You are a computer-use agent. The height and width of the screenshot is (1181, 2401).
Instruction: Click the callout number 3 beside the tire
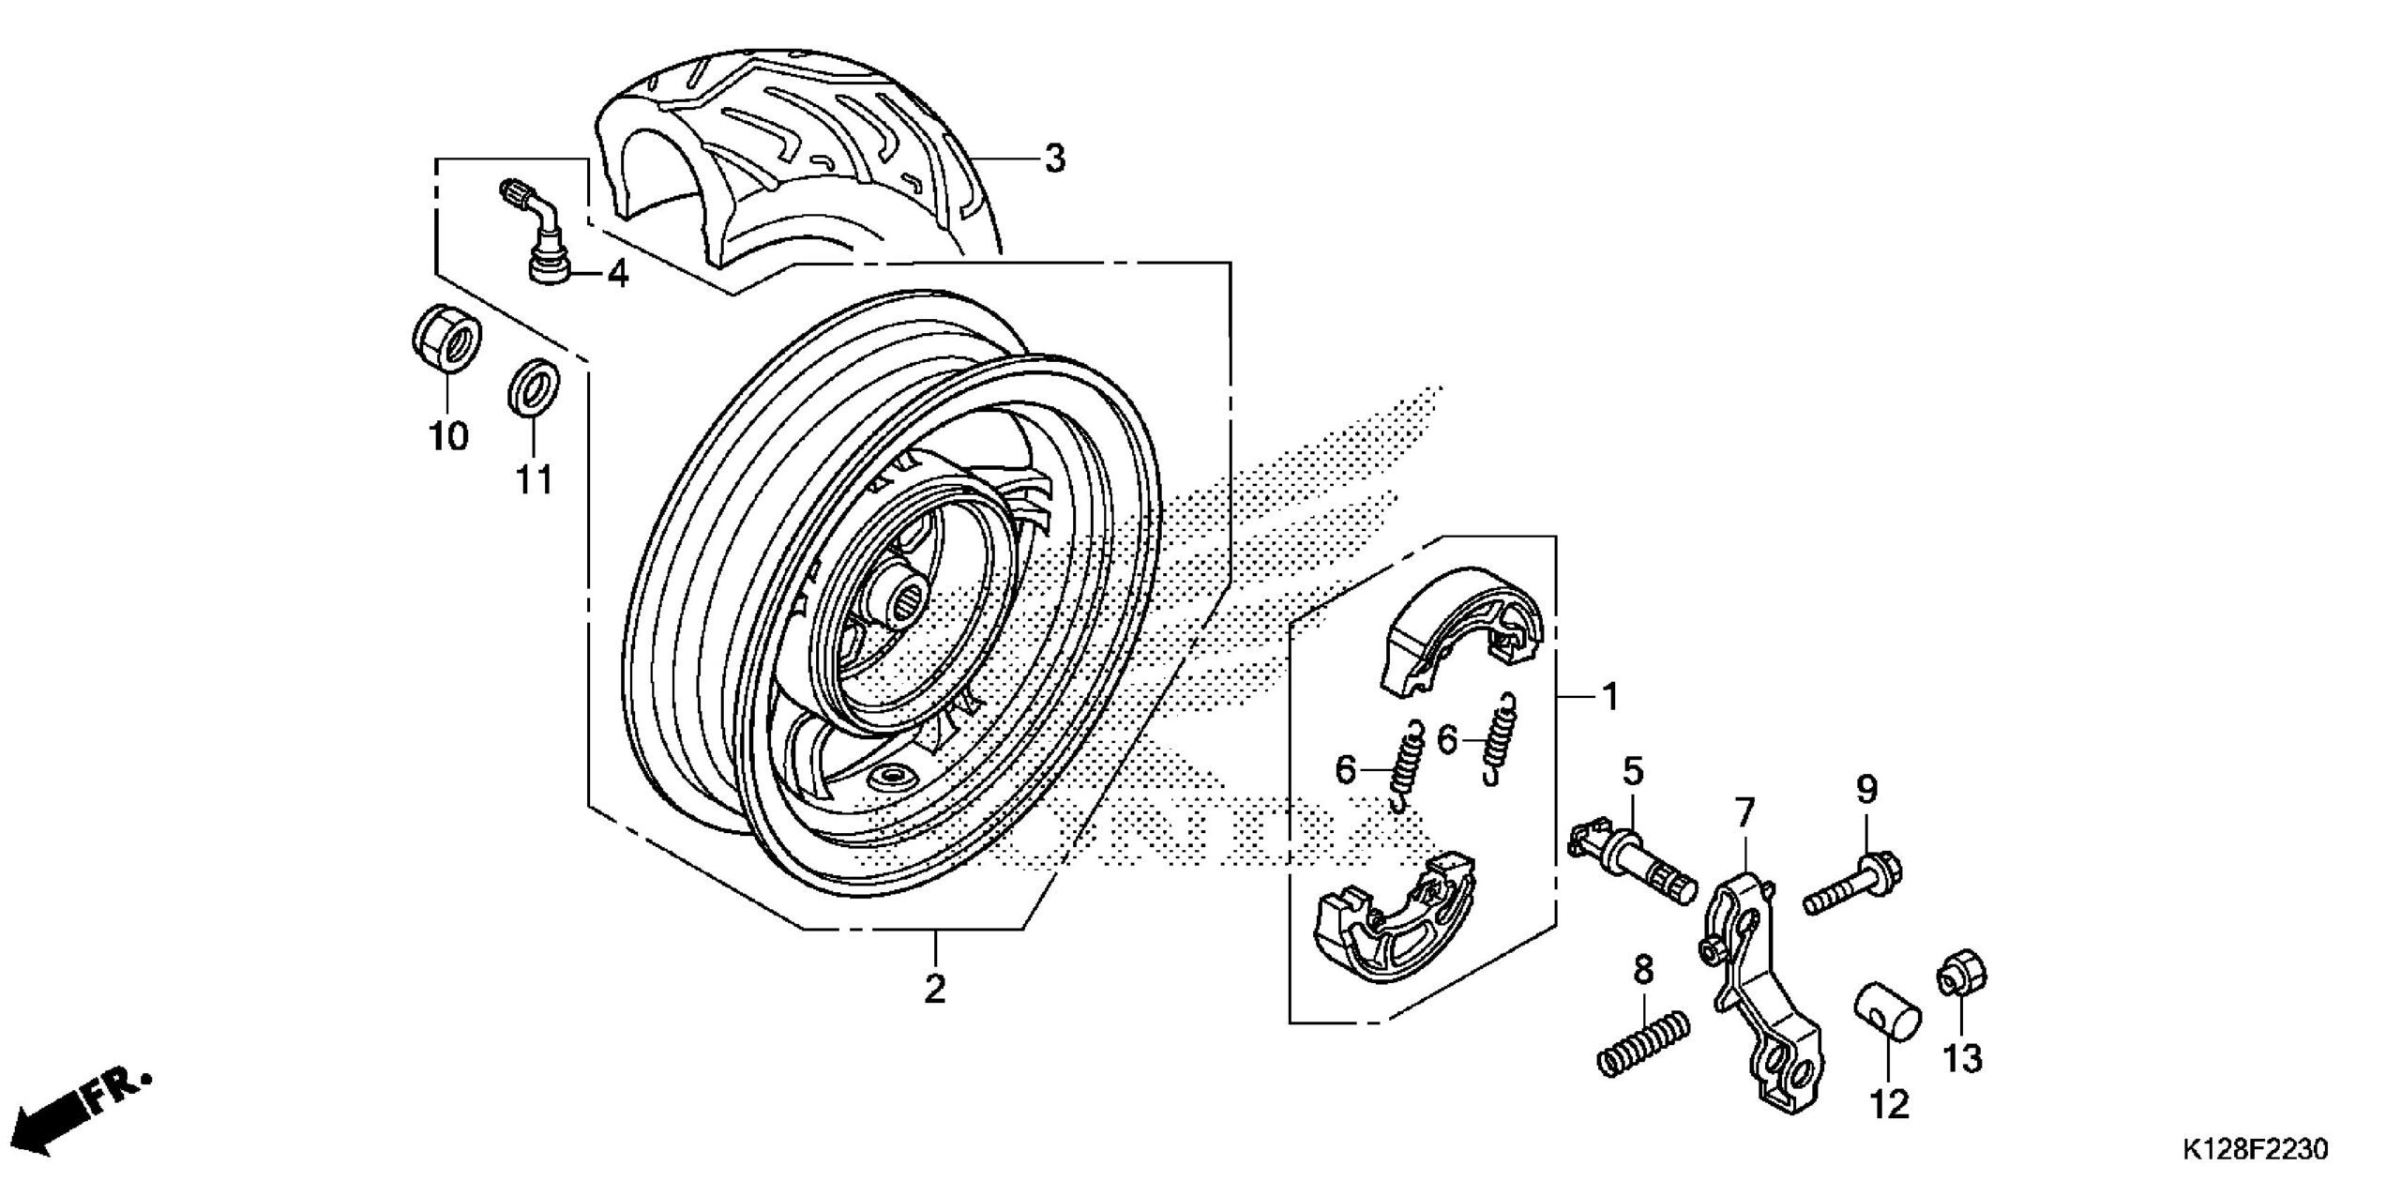(x=1055, y=159)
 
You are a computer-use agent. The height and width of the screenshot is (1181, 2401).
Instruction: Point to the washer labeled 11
(x=535, y=385)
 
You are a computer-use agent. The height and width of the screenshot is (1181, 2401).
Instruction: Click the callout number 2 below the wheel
(x=934, y=988)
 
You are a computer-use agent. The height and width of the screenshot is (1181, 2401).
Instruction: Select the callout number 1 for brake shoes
(x=1609, y=696)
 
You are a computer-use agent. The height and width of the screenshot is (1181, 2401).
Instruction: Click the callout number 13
(x=1962, y=1059)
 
